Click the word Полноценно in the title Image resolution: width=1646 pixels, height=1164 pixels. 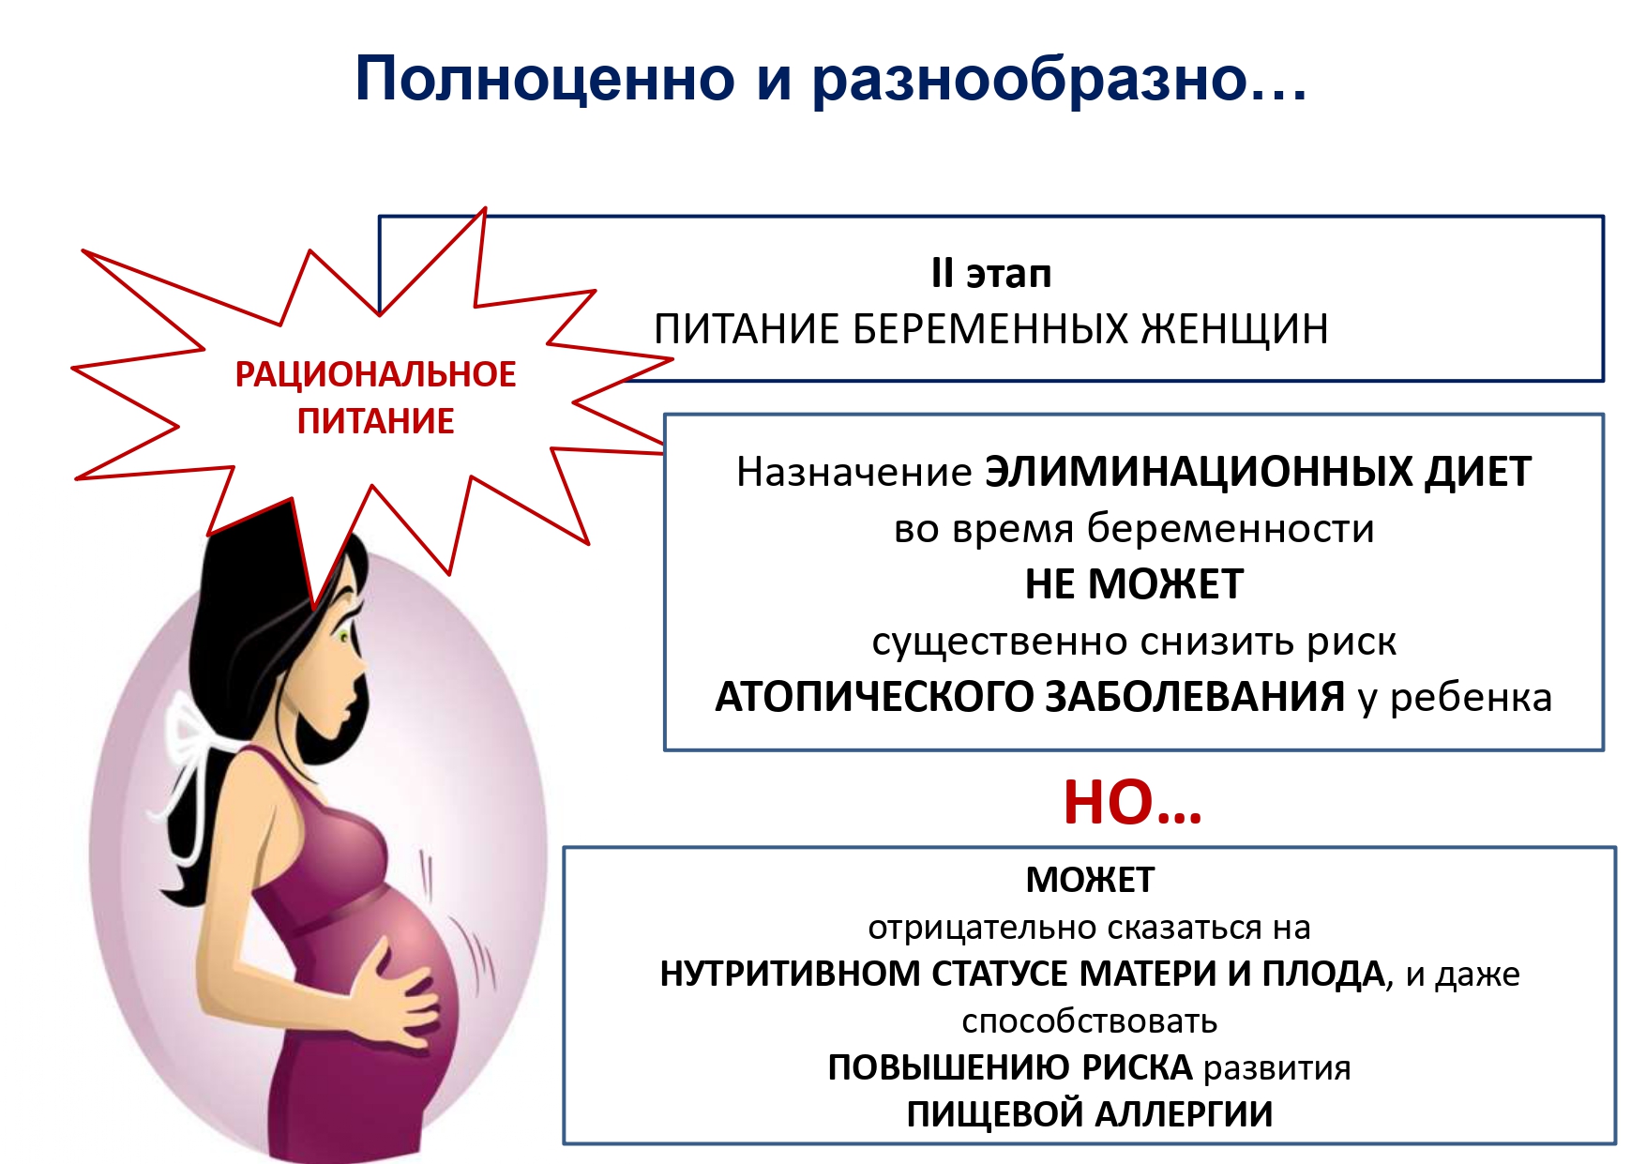545,79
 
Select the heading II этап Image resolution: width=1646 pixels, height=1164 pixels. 991,274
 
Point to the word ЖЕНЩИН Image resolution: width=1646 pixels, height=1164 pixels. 1234,329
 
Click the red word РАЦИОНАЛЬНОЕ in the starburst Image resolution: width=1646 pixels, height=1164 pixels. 375,374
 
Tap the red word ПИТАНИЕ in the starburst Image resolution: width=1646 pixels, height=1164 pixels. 375,421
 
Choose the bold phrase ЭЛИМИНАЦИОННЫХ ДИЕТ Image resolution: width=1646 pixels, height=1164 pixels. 1258,472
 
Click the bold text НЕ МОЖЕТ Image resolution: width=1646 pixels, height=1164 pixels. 1134,584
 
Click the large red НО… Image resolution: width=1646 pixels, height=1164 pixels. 1133,803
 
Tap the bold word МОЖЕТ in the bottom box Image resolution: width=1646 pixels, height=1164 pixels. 1090,880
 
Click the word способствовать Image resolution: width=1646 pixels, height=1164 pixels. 1090,1020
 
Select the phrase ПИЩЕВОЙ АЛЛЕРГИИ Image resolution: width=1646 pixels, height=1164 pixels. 1090,1114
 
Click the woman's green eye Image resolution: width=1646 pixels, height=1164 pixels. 344,637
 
